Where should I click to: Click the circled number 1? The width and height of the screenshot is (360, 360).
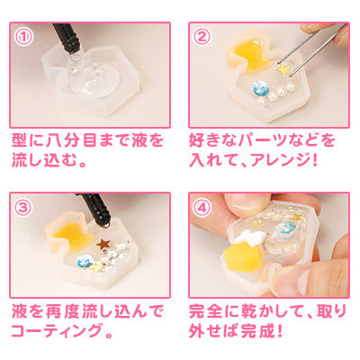pos(23,37)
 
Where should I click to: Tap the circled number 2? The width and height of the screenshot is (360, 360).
pos(202,37)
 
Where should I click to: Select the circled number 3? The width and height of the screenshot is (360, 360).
pos(23,208)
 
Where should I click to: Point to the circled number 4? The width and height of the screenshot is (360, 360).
pos(202,208)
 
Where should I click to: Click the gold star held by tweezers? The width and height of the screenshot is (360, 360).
pos(283,69)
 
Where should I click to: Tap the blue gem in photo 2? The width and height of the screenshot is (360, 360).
pos(258,87)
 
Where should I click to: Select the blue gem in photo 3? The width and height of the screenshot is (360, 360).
pos(85,260)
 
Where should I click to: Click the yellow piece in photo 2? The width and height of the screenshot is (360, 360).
pos(251,57)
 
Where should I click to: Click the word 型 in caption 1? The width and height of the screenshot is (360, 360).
pos(21,140)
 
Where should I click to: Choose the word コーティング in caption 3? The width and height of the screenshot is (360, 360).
pos(56,329)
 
